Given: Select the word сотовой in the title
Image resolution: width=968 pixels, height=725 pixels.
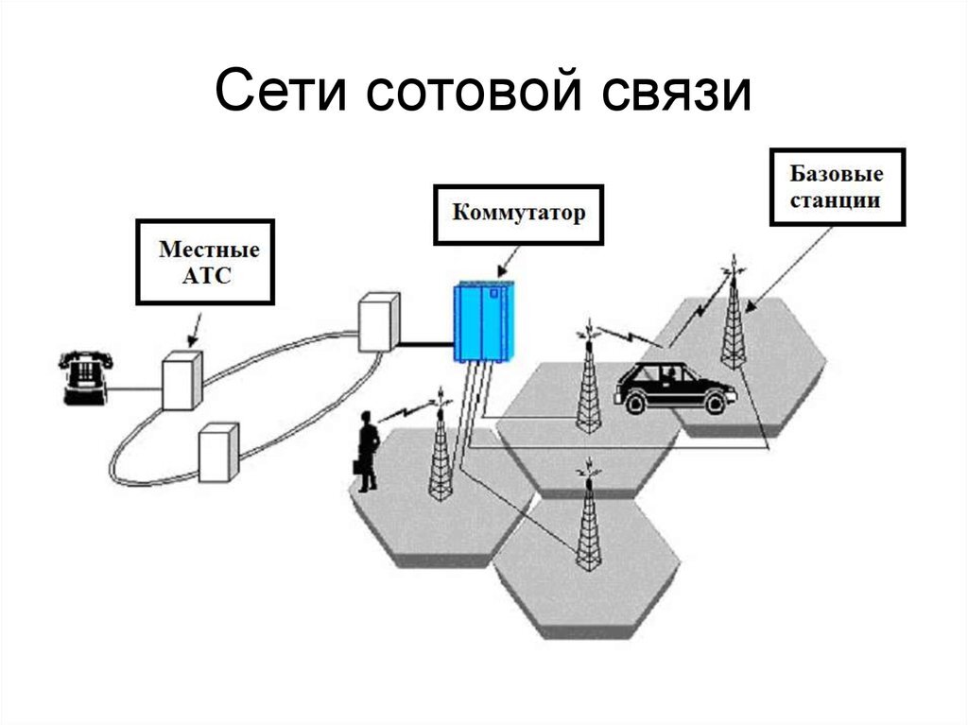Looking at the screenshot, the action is tap(474, 92).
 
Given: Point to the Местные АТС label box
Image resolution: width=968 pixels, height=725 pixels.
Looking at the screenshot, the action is tap(205, 262).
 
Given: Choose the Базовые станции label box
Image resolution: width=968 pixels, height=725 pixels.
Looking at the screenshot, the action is tap(838, 187).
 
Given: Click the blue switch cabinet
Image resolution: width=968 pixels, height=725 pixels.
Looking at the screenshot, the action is tap(484, 321).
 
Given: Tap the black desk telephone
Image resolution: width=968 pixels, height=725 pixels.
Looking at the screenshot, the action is tap(86, 378).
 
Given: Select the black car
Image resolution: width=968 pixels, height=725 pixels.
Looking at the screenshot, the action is tap(675, 388).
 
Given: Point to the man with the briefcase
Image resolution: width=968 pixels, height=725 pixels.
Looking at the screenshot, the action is tap(368, 452).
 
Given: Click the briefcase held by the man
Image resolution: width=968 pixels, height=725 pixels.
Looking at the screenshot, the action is tap(358, 466).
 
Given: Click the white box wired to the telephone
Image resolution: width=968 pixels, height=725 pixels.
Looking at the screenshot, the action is tap(182, 380).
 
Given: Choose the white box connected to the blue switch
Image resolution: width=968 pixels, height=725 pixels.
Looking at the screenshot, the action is tap(379, 321).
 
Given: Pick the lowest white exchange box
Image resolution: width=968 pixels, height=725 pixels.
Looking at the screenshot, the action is tap(218, 453).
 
